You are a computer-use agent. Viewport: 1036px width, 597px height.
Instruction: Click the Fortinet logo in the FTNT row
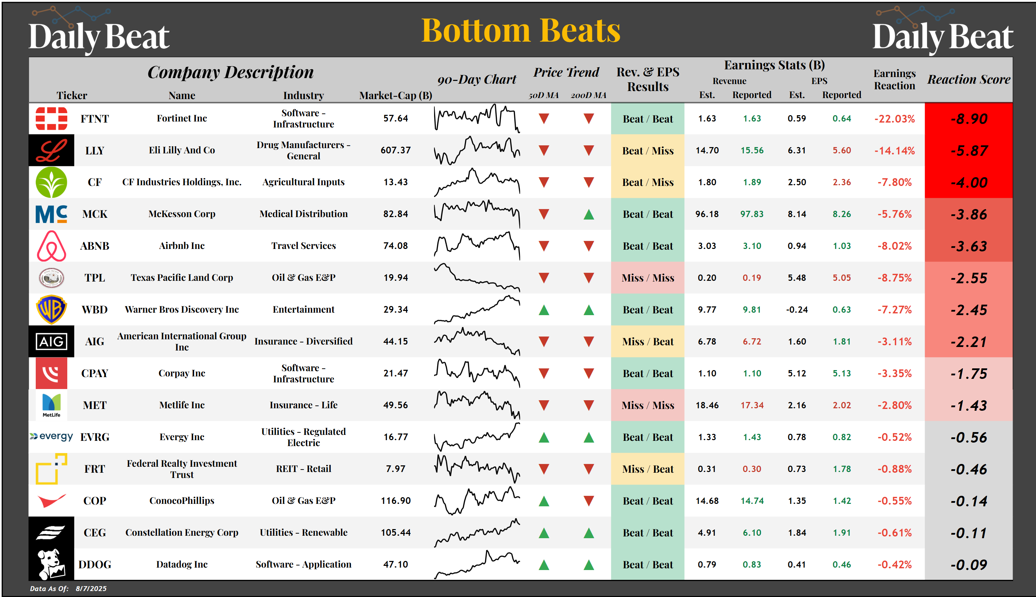tap(51, 118)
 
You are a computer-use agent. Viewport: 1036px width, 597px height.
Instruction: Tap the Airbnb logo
tap(51, 246)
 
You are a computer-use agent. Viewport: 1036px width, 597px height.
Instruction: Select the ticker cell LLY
tap(95, 151)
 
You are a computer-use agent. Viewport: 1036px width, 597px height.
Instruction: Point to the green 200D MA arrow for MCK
tap(589, 214)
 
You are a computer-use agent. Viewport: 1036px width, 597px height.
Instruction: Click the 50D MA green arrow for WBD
tap(544, 310)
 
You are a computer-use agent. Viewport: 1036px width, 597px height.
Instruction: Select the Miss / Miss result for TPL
tap(647, 278)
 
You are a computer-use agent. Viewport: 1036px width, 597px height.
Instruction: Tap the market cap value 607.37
tap(395, 151)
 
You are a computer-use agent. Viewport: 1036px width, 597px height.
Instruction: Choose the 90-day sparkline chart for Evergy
tap(477, 437)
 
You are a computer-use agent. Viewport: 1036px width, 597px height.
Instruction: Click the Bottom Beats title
tap(521, 30)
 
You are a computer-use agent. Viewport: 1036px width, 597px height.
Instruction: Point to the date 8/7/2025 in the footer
tap(91, 588)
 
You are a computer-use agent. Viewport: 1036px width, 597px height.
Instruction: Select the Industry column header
tap(303, 96)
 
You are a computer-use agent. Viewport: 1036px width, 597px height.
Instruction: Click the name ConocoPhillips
tap(182, 501)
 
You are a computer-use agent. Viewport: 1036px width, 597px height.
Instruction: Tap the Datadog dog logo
tap(51, 564)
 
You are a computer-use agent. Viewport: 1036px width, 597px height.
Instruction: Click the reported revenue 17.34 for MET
tap(752, 405)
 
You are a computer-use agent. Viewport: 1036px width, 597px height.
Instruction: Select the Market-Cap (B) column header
tap(395, 96)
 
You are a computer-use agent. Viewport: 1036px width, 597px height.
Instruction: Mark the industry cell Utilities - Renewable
tap(303, 533)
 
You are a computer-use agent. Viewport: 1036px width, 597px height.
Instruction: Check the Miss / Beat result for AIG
tap(647, 341)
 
